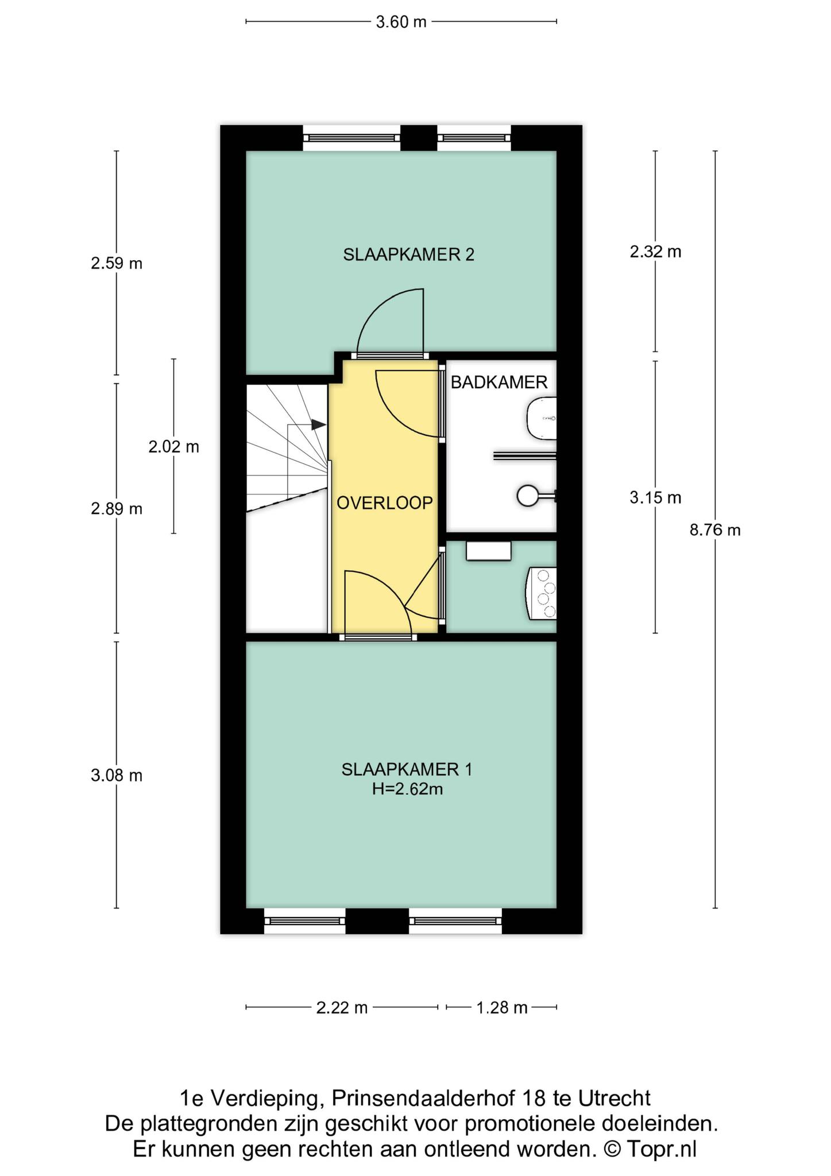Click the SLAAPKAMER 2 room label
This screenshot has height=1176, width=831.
coord(408,254)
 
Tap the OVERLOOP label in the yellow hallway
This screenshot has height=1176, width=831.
coord(384,503)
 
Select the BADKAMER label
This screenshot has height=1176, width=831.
coord(499,382)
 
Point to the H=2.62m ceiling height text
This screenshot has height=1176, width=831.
coord(407,790)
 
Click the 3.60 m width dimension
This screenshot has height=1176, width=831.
coord(401,22)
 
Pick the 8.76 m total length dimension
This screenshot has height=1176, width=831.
coord(715,530)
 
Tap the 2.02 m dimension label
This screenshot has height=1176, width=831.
coord(173,447)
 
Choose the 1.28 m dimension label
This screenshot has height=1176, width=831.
coord(501,1008)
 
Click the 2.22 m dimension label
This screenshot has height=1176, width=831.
coord(342,1008)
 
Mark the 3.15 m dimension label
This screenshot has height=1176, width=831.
coord(655,498)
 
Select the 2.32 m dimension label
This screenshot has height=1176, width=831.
coord(655,252)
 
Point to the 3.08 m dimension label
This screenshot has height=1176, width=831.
coord(117,776)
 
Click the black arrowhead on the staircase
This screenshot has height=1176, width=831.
coord(318,425)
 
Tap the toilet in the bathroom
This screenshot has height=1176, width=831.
coord(542,419)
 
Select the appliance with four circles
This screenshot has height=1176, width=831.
coord(542,594)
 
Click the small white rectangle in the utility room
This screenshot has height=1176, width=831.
coord(488,551)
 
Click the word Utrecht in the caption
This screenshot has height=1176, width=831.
coord(614,1098)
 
